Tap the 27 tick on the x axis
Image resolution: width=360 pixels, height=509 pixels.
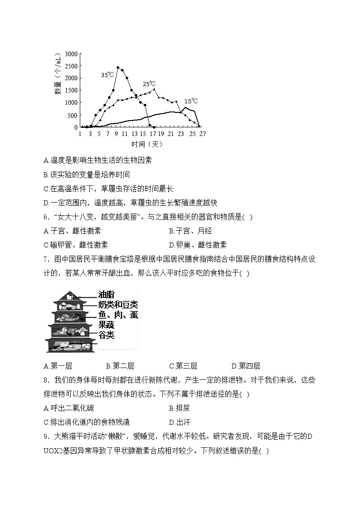point(202,134)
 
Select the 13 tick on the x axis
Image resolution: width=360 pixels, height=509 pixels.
point(135,134)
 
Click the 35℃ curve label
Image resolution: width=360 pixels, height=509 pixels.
point(107,75)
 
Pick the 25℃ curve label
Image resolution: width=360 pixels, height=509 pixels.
point(149,84)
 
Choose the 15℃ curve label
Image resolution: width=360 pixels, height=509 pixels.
point(191,101)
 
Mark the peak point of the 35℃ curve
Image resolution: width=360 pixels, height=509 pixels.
point(118,68)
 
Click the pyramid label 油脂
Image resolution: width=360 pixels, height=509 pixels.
point(106,295)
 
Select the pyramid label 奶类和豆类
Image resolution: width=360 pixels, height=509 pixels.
point(118,305)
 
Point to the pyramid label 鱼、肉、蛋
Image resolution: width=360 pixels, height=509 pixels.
point(118,315)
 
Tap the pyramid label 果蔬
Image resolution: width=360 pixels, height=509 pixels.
point(107,325)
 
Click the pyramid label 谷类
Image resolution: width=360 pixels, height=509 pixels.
point(107,335)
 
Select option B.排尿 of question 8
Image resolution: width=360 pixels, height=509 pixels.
point(179,408)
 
